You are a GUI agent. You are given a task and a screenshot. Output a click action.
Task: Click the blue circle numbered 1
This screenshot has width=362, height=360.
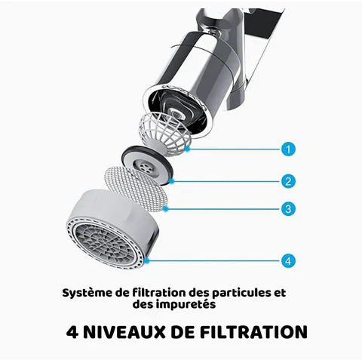288,149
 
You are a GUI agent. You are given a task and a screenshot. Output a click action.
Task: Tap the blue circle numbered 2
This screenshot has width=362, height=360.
288,181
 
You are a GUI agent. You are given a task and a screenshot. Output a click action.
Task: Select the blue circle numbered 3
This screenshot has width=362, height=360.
288,209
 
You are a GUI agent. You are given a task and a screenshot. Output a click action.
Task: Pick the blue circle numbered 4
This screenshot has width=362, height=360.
288,260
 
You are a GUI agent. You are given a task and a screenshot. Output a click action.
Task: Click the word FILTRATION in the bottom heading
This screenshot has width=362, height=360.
253,332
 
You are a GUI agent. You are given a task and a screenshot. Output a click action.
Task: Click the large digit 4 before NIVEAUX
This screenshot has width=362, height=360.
72,332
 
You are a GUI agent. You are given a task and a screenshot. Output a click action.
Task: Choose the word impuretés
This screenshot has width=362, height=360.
186,305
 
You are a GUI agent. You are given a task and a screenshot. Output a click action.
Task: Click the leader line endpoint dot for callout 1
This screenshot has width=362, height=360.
188,149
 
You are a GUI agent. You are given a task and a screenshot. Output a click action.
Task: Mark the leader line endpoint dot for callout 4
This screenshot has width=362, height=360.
147,261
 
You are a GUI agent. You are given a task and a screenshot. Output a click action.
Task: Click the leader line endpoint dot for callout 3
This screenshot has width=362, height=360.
165,209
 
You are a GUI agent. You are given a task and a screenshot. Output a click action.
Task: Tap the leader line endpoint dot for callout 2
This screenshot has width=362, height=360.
172,181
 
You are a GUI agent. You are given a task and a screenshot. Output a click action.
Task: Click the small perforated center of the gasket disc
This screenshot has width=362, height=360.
145,167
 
